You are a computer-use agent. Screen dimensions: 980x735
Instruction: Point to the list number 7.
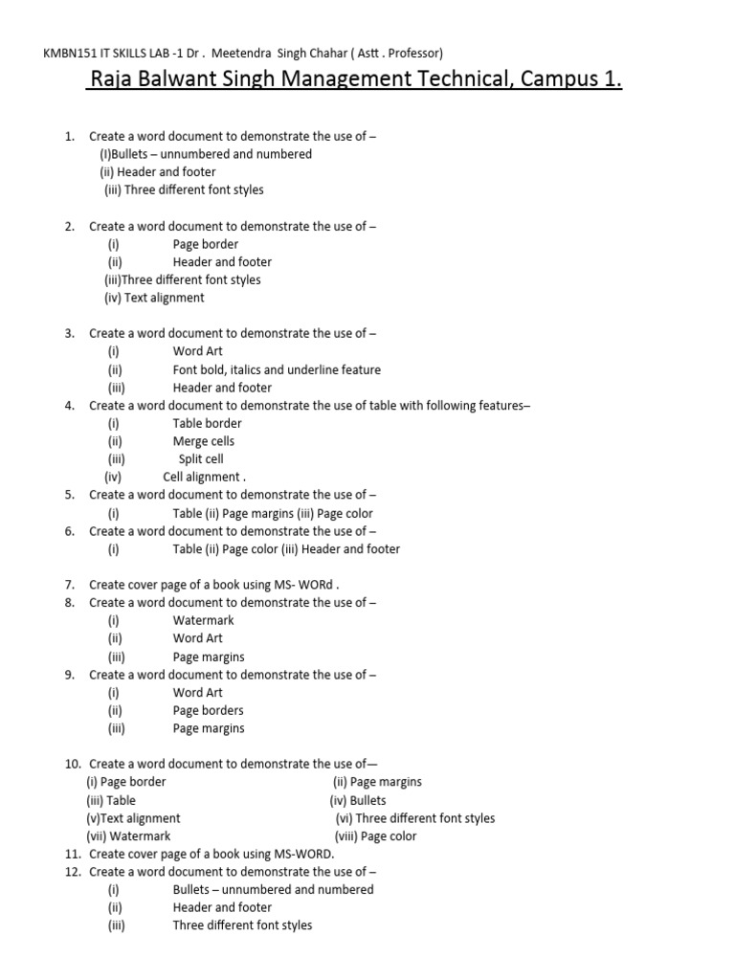coord(70,584)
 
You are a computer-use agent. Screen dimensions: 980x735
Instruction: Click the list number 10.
coord(73,764)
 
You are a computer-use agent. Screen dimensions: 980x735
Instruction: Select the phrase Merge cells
coord(203,441)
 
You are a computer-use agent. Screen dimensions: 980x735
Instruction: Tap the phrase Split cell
coord(201,459)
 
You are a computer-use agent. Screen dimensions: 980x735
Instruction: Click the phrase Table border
coord(207,423)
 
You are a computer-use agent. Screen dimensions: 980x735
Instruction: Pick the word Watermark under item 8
coord(203,620)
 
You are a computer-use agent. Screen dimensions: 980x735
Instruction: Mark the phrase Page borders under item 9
coord(208,710)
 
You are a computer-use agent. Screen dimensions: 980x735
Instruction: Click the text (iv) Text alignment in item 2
coord(154,298)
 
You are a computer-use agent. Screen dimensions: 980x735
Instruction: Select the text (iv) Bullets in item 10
coord(358,800)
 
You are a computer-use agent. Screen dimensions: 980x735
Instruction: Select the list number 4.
coord(70,405)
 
